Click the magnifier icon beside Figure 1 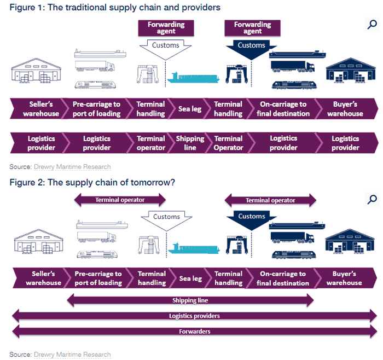pyautogui.click(x=372, y=24)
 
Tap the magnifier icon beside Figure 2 pyautogui.click(x=372, y=199)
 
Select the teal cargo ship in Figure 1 pyautogui.click(x=193, y=78)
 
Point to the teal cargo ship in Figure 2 pyautogui.click(x=194, y=248)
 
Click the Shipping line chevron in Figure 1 pyautogui.click(x=190, y=143)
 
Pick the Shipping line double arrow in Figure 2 pyautogui.click(x=190, y=300)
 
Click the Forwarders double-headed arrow pyautogui.click(x=194, y=332)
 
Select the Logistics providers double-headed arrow pyautogui.click(x=194, y=316)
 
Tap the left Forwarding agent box pyautogui.click(x=166, y=28)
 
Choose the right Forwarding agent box pyautogui.click(x=253, y=28)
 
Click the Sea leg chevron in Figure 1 pyautogui.click(x=190, y=109)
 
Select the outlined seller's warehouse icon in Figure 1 pyautogui.click(x=36, y=71)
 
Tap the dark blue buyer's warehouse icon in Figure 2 pyautogui.click(x=350, y=241)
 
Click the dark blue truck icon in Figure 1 pyautogui.click(x=292, y=66)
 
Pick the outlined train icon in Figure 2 pyautogui.click(x=97, y=254)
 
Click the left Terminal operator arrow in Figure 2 pyautogui.click(x=120, y=200)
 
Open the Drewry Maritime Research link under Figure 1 pyautogui.click(x=72, y=167)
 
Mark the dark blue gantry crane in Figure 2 pyautogui.click(x=237, y=245)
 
